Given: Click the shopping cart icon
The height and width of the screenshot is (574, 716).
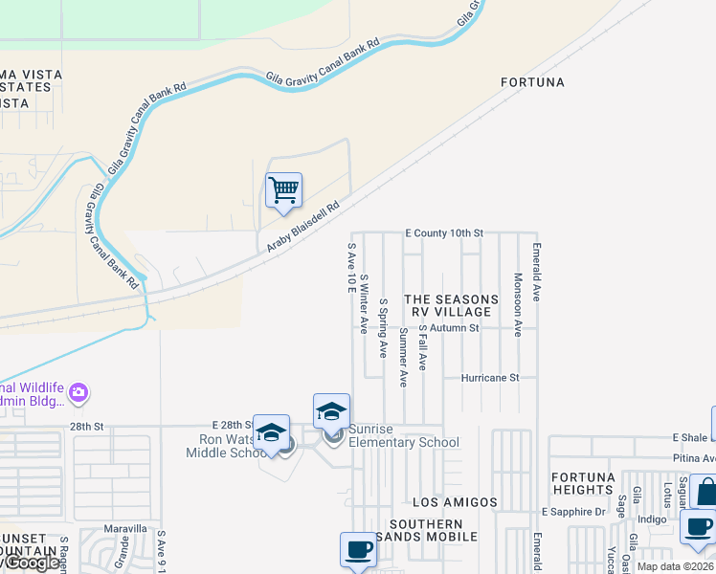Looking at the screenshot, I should pyautogui.click(x=283, y=190).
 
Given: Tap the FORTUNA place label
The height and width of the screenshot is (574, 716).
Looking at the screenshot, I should pyautogui.click(x=533, y=83).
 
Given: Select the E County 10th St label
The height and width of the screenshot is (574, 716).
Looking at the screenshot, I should pyautogui.click(x=444, y=232).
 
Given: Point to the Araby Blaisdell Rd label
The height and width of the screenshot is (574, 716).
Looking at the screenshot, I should pyautogui.click(x=303, y=227).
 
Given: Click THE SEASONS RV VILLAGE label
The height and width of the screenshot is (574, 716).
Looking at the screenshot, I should pyautogui.click(x=452, y=306).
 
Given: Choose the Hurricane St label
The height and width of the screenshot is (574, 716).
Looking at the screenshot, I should pyautogui.click(x=489, y=377).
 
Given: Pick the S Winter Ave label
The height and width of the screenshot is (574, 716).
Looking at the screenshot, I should pyautogui.click(x=364, y=303).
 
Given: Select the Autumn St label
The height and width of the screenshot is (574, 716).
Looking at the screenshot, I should pyautogui.click(x=454, y=328).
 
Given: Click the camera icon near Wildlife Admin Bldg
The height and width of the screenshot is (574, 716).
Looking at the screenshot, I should pyautogui.click(x=78, y=392).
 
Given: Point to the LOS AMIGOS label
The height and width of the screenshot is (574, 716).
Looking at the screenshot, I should pyautogui.click(x=455, y=502).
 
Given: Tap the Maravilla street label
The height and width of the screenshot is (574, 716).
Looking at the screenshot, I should pyautogui.click(x=126, y=528).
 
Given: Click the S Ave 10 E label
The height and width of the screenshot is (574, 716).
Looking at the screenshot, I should pyautogui.click(x=351, y=268).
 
